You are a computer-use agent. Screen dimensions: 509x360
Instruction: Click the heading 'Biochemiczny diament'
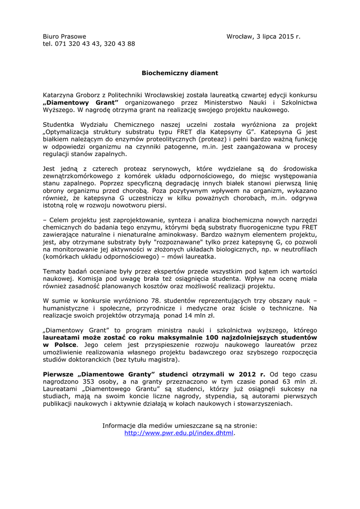click(x=180, y=73)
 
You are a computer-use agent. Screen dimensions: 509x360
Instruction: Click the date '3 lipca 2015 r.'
click(x=278, y=36)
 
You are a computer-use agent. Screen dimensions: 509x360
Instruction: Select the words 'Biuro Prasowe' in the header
click(x=65, y=36)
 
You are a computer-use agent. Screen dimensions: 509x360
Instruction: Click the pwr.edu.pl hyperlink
click(x=179, y=433)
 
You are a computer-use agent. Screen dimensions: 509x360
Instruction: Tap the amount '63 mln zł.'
click(x=288, y=382)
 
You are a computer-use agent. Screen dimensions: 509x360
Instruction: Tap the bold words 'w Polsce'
click(x=60, y=344)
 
